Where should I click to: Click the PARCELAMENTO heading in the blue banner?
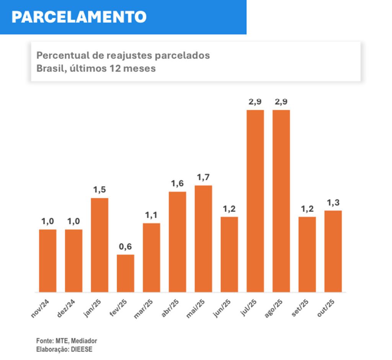pyautogui.click(x=79, y=17)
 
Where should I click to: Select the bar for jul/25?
pyautogui.click(x=255, y=201)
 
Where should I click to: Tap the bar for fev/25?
pyautogui.click(x=126, y=273)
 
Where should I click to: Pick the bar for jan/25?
pyautogui.click(x=100, y=245)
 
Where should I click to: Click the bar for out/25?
pyautogui.click(x=333, y=251)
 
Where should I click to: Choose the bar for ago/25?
pyautogui.click(x=281, y=201)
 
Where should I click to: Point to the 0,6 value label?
pyautogui.click(x=125, y=247)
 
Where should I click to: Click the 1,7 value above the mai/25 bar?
pyautogui.click(x=203, y=177)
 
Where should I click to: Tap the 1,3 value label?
pyautogui.click(x=333, y=203)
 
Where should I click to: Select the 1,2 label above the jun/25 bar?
pyautogui.click(x=229, y=209)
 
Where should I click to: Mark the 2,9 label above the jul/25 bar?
pyautogui.click(x=255, y=102)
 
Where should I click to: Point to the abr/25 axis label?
pyautogui.click(x=170, y=308)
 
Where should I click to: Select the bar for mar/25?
pyautogui.click(x=152, y=257)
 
